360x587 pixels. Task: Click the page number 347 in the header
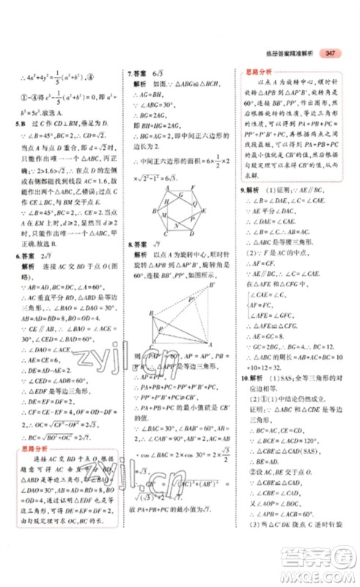(x=330, y=53)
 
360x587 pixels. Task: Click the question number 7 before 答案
(x=130, y=73)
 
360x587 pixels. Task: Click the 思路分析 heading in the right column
(x=258, y=73)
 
